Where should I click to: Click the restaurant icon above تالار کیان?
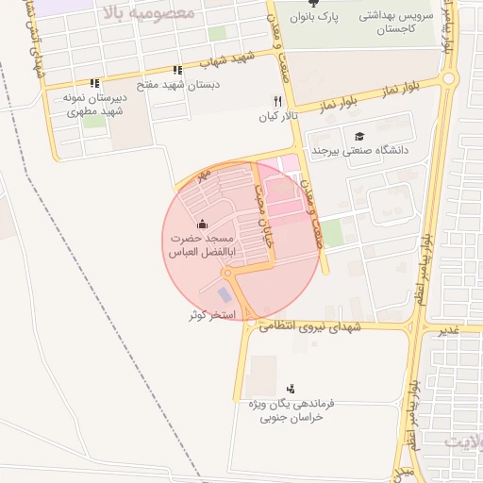point(276,101)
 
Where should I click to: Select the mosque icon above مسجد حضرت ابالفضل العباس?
point(200,225)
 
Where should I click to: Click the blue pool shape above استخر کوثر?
point(224,294)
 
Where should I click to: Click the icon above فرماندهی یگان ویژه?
point(291,388)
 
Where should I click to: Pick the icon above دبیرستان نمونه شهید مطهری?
point(94,83)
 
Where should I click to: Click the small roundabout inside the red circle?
point(226,274)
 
